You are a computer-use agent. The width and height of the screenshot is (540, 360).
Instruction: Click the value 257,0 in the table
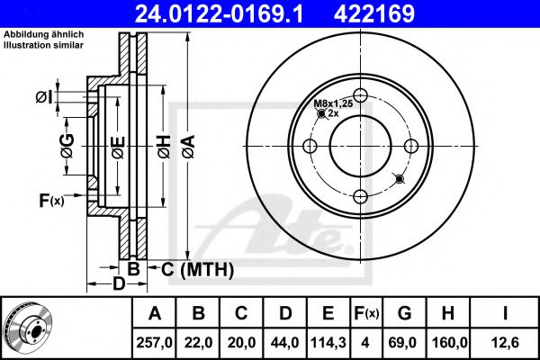point(154,343)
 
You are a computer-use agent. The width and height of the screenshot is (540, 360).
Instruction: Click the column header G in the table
point(404,314)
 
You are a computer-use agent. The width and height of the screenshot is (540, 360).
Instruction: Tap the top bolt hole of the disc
point(361,97)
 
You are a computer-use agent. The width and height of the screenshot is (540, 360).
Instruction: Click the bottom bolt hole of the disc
point(361,198)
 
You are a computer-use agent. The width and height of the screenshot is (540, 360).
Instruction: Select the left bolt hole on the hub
point(310,148)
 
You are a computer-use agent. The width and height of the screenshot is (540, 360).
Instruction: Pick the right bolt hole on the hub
point(411,148)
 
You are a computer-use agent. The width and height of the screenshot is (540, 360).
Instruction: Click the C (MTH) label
point(197,269)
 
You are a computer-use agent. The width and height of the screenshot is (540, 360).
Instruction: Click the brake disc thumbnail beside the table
point(28,328)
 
